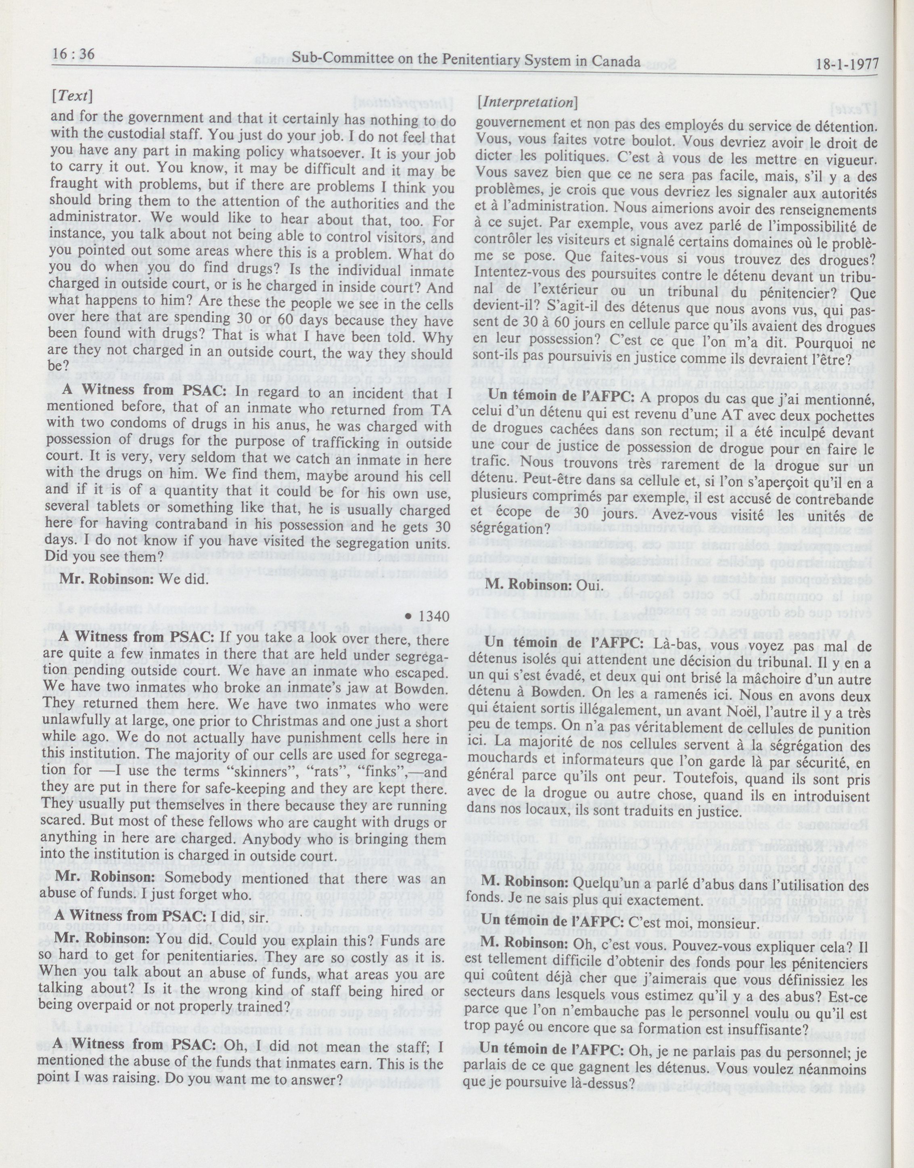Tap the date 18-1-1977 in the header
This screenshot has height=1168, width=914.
[x=848, y=65]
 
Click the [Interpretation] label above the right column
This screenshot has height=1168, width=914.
[x=526, y=102]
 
